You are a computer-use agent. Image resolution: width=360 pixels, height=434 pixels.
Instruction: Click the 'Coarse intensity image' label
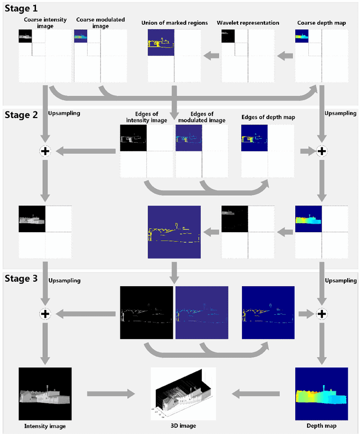pos(45,22)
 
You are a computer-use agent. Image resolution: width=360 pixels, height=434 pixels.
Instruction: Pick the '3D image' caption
pos(183,426)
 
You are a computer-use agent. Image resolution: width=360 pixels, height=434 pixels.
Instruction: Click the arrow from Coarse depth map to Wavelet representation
pos(285,55)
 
